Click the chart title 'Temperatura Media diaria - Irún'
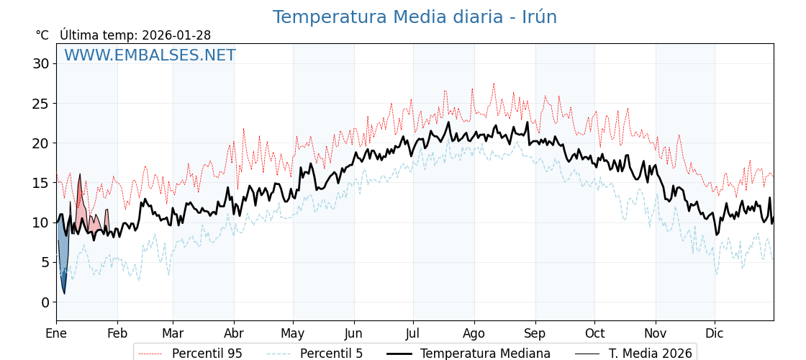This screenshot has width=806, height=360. pos(415,17)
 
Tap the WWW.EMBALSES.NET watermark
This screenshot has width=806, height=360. pos(150,55)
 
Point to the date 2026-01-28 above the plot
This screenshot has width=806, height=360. pos(176,35)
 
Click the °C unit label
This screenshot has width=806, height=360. pos(42,35)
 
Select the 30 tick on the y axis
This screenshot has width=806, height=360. pos(40,63)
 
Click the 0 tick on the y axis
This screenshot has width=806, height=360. pos(45,302)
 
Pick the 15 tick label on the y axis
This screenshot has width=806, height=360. pos(40,183)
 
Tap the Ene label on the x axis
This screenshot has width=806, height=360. pos(56,333)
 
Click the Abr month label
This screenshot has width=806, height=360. pos(234,333)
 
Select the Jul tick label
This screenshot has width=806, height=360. pos(413,333)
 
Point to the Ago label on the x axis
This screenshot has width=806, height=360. pos(474,333)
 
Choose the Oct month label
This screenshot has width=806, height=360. pos(594,333)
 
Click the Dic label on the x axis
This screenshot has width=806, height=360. pos(715,333)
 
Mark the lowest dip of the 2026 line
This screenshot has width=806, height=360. pos(64,293)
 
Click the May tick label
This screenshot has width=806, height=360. pos(293,333)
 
